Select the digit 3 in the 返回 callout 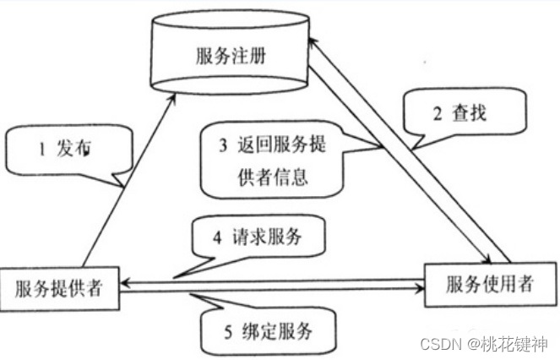[222, 145]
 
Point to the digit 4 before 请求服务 [217, 237]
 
